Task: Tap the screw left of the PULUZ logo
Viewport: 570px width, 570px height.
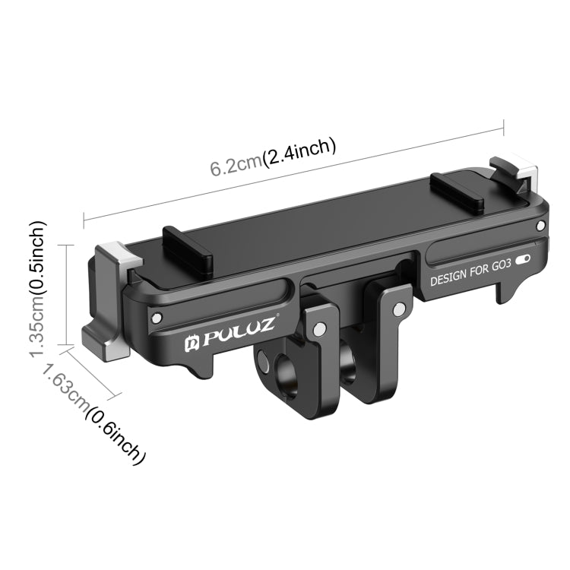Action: [x=157, y=317]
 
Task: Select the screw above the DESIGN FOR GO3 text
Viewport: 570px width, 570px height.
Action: [x=540, y=226]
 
